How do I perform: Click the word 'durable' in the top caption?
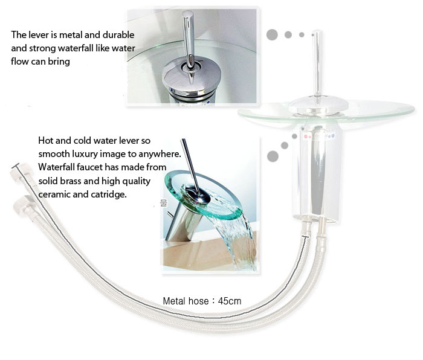coord(118,35)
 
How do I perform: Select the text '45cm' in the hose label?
coord(230,301)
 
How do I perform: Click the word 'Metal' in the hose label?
coord(174,301)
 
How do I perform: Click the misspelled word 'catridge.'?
coord(109,194)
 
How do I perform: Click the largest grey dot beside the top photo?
coord(272,35)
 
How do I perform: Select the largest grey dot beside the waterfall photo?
coord(273,156)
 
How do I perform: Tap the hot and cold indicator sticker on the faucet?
coord(319,136)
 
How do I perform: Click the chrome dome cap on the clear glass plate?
coord(318,106)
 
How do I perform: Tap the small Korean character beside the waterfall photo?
coord(164,202)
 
